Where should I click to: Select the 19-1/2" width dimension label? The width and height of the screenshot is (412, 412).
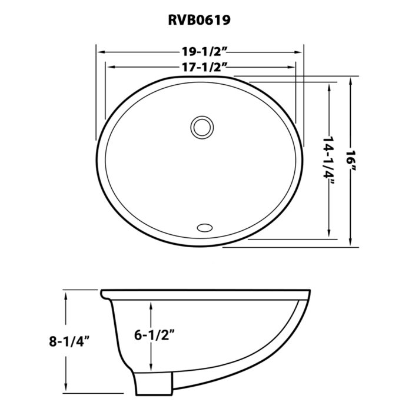200,52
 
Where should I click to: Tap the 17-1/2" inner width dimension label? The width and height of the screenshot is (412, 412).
200,67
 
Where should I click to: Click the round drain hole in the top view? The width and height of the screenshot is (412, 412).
201,126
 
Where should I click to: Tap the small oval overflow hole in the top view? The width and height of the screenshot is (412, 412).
204,227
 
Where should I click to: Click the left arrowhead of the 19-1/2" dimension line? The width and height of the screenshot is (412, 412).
101,52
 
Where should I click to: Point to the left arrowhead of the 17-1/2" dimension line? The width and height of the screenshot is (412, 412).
109,67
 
